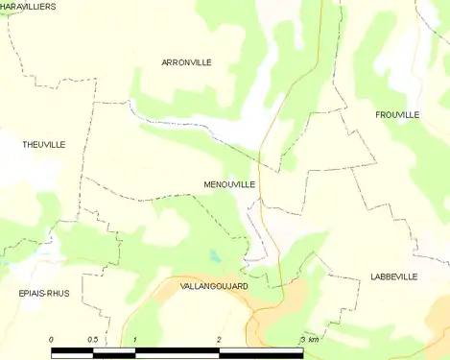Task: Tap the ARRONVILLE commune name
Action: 186,62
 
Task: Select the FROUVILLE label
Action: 397,114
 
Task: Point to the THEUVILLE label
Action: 43,144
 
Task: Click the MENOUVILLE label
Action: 229,183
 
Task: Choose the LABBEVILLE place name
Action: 393,276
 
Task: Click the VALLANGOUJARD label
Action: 214,286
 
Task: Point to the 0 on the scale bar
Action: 51,341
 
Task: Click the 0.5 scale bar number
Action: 92,341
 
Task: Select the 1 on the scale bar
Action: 135,341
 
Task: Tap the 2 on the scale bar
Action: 219,341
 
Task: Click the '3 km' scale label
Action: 309,341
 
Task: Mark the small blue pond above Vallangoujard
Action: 216,257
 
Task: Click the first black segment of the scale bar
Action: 72,352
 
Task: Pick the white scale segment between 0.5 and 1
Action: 114,352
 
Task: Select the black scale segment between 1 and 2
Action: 178,352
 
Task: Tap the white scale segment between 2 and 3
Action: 261,352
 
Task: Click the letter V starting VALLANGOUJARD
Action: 183,286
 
